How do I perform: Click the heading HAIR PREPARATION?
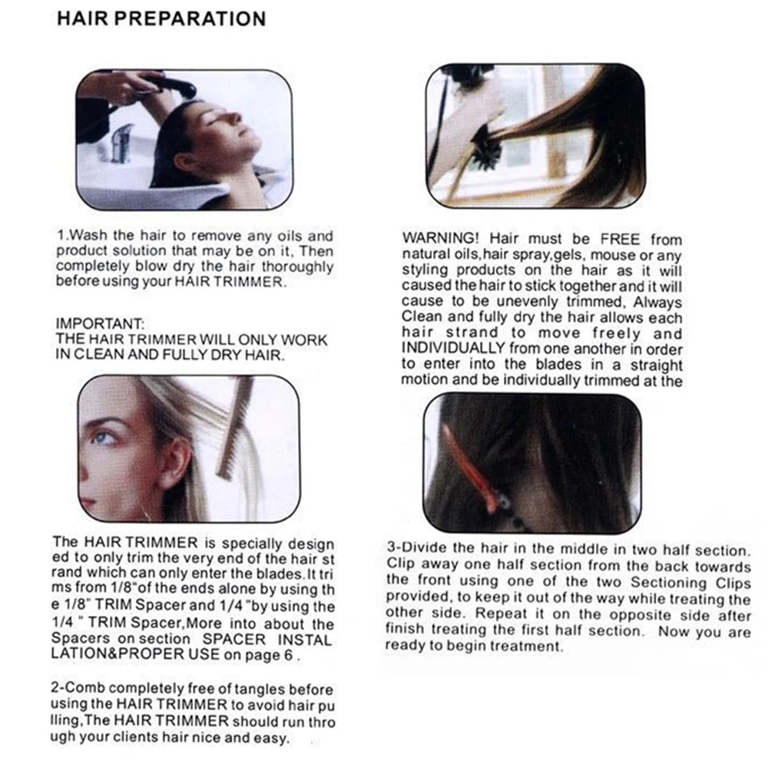tap(161, 18)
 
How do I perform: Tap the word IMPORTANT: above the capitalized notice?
tap(99, 324)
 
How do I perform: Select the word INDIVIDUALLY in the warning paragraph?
tap(453, 348)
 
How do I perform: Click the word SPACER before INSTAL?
tap(234, 639)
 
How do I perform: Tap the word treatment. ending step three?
tap(527, 646)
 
